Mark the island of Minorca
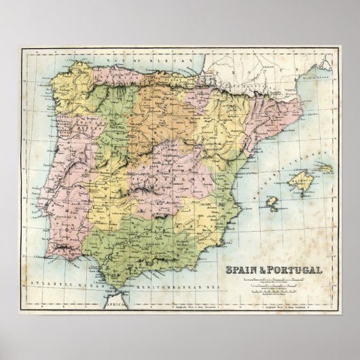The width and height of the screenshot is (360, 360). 325,166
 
